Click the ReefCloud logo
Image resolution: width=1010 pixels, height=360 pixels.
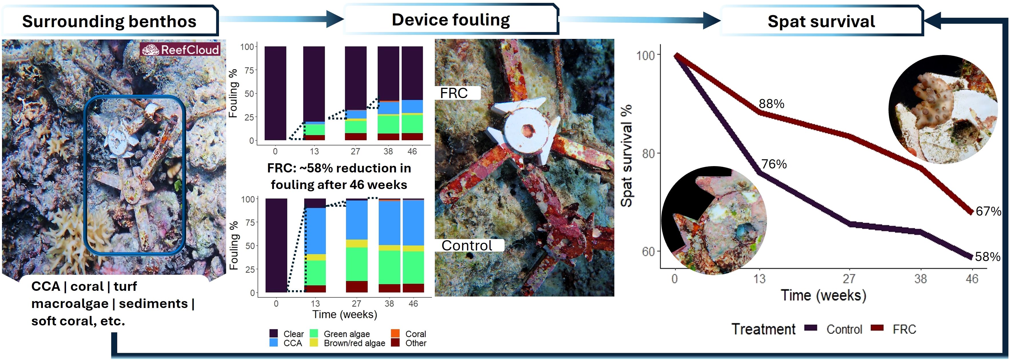[x=180, y=50]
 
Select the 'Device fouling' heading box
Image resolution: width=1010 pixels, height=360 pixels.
[x=451, y=20]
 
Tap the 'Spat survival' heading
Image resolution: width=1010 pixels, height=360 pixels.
[x=821, y=21]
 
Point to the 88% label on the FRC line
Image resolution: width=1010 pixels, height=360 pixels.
[x=771, y=104]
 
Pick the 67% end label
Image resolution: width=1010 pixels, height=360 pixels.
[x=988, y=211]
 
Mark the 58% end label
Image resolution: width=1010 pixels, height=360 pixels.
[x=987, y=257]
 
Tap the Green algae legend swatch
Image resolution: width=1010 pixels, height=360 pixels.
[x=314, y=334]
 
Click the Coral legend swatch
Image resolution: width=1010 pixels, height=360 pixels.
[x=395, y=334]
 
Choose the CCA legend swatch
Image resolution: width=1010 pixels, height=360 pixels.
[x=274, y=343]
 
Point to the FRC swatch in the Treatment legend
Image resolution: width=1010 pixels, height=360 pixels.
[x=877, y=328]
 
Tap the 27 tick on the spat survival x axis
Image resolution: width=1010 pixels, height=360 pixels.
[x=849, y=279]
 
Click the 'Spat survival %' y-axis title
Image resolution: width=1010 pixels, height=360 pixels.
[x=627, y=155]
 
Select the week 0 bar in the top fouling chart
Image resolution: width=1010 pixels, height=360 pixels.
[x=275, y=93]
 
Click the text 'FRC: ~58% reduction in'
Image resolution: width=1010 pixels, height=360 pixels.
[x=339, y=168]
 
